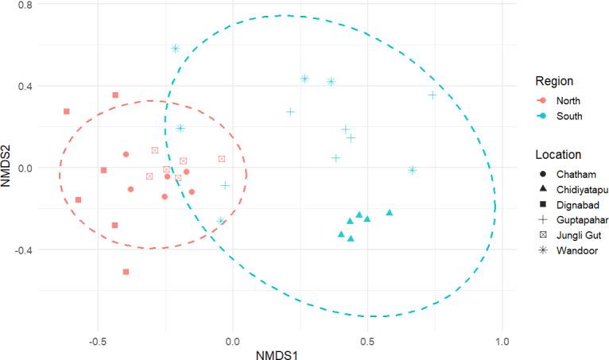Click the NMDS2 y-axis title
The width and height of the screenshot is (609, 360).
point(10,168)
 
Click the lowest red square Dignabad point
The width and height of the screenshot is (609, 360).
point(126,272)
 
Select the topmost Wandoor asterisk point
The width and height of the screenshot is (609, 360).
point(176,48)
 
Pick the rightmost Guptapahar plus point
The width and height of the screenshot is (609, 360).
point(433,95)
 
